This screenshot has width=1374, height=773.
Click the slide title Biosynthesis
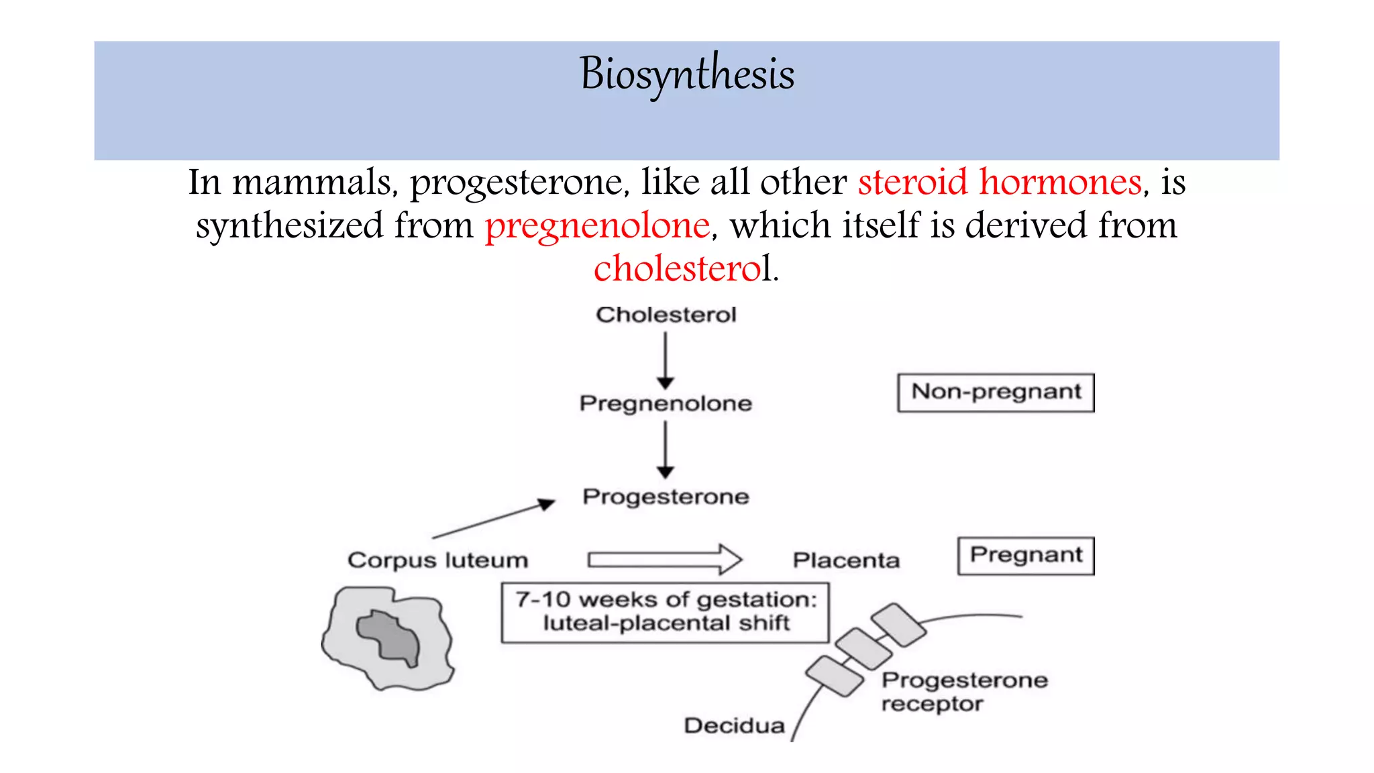[x=687, y=74]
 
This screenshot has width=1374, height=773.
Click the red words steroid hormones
[x=1000, y=183]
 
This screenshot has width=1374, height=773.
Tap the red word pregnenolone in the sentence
[x=597, y=226]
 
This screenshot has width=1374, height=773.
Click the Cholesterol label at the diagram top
[x=666, y=315]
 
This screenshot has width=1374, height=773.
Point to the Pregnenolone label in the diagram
[x=666, y=403]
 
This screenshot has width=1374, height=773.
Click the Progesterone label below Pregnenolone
[x=666, y=497]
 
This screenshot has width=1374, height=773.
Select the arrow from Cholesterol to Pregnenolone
[x=665, y=360]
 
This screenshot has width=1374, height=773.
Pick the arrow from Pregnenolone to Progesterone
[x=665, y=449]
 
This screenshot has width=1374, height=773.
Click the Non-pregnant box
[x=996, y=393]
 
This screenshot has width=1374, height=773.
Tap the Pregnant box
[x=1026, y=556]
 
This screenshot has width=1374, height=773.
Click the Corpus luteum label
[x=437, y=560]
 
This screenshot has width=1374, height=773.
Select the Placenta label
[x=845, y=560]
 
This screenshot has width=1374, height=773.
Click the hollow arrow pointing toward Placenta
[x=664, y=559]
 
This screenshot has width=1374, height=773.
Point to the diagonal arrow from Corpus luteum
[x=493, y=520]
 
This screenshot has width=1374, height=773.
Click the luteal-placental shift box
[x=665, y=612]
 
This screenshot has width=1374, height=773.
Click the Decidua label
[x=734, y=725]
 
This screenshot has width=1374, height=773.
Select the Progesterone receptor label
[x=963, y=691]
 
